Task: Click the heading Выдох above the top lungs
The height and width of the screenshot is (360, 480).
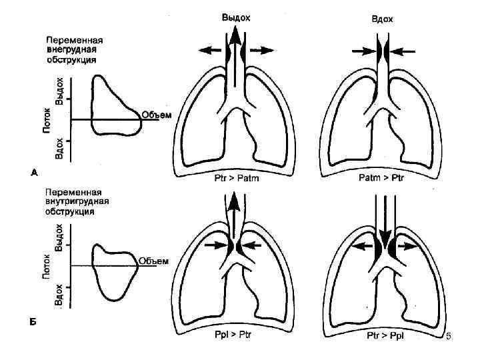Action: click(236, 18)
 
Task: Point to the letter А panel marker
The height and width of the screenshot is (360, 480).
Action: click(35, 173)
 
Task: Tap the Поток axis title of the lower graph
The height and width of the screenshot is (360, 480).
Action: click(47, 265)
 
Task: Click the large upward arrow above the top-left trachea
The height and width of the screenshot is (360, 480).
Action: click(237, 41)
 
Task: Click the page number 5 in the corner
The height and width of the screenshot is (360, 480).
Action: click(449, 341)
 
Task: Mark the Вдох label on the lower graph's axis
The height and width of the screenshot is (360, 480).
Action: click(59, 295)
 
